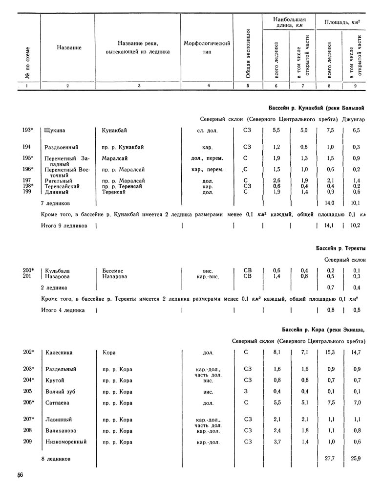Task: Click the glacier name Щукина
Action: (55, 131)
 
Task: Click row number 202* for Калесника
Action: (29, 352)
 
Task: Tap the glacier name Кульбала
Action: (58, 270)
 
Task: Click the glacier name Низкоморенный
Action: (65, 442)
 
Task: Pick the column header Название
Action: (68, 47)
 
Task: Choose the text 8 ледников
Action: (58, 460)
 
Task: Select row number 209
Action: (27, 442)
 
